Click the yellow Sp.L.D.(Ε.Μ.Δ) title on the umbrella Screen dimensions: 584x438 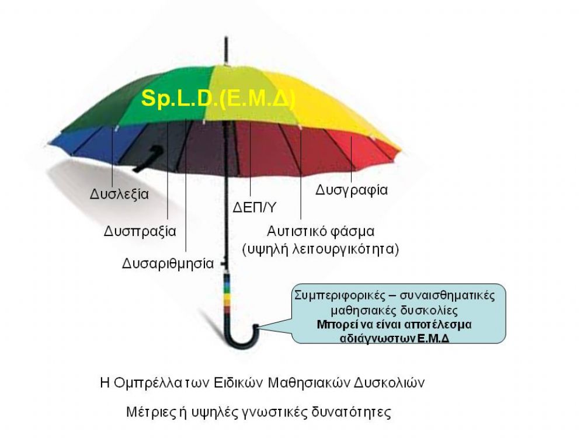pos(218,99)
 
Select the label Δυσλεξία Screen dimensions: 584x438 pos(119,194)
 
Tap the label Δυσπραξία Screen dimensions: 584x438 pos(140,231)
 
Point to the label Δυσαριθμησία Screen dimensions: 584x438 pos(168,263)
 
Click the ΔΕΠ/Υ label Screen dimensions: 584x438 pos(255,207)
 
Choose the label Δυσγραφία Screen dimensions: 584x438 pos(352,190)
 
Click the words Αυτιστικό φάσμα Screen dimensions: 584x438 pos(321,231)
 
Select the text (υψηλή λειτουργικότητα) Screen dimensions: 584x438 pos(321,249)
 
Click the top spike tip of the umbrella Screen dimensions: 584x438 pos(226,37)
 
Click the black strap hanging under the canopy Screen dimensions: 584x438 pos(148,159)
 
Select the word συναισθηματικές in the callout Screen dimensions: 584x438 pos(447,296)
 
